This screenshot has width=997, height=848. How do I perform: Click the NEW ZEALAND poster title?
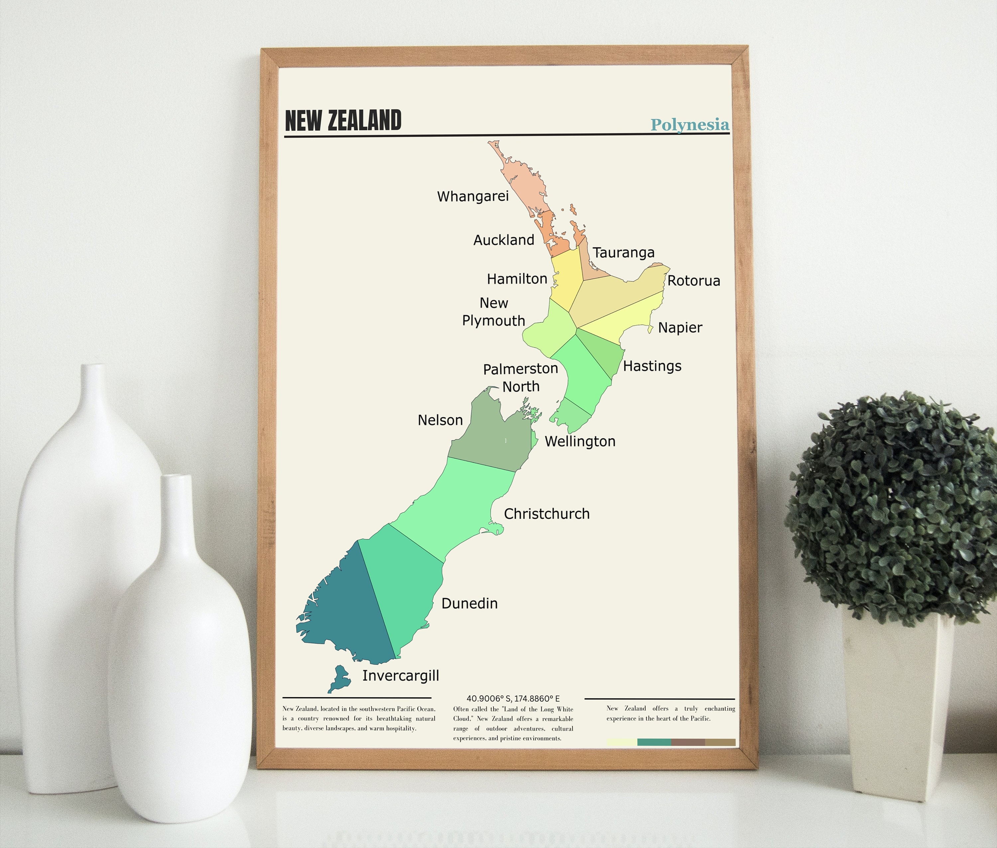click(343, 121)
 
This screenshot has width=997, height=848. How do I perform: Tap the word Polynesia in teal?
click(690, 124)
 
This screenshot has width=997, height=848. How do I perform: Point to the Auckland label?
click(503, 240)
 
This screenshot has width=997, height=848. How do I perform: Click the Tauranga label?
click(623, 252)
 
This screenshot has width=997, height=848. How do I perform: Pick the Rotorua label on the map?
click(693, 281)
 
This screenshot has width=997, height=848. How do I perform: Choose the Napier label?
click(680, 327)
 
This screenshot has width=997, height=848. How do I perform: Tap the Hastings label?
click(652, 366)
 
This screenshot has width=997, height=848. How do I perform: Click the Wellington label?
click(580, 441)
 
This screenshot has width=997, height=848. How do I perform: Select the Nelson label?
click(440, 420)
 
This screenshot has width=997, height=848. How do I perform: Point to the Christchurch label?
click(546, 514)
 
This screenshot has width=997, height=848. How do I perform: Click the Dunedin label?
click(470, 603)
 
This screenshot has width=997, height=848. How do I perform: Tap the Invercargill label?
click(400, 675)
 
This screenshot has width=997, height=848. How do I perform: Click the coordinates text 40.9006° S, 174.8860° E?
click(513, 698)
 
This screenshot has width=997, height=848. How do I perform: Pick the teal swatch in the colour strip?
click(654, 742)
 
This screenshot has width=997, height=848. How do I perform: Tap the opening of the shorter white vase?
click(177, 477)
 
